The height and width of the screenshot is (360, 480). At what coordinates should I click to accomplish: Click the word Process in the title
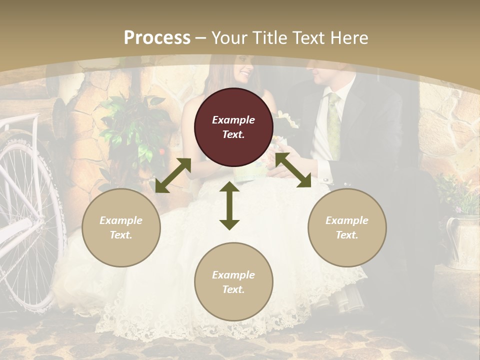(x=157, y=38)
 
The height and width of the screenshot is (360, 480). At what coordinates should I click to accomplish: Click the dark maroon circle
(x=233, y=127)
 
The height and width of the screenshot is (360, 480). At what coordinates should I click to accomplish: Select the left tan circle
(x=121, y=227)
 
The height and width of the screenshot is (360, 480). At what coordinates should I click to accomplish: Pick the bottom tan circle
(x=233, y=282)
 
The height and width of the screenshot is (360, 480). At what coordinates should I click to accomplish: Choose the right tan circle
(x=347, y=227)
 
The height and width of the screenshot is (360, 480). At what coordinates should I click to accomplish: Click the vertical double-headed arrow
(x=229, y=206)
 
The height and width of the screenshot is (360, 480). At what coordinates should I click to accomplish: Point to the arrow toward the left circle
(x=173, y=175)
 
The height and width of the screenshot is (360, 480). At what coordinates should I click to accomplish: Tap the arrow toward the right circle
(x=293, y=170)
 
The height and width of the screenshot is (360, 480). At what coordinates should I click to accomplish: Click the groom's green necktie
(x=333, y=125)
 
